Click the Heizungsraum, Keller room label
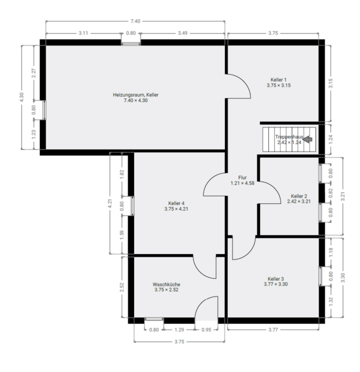point(136,95)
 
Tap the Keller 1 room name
point(278,80)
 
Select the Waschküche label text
point(166,284)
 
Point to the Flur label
point(242,177)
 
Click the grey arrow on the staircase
point(308,140)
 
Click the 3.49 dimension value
point(183,33)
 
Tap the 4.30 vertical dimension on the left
point(22,97)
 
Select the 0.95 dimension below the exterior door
point(207,330)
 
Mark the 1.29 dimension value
point(179,330)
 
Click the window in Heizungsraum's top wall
point(131,42)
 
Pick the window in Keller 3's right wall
point(321,276)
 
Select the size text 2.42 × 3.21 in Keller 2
point(299,201)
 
